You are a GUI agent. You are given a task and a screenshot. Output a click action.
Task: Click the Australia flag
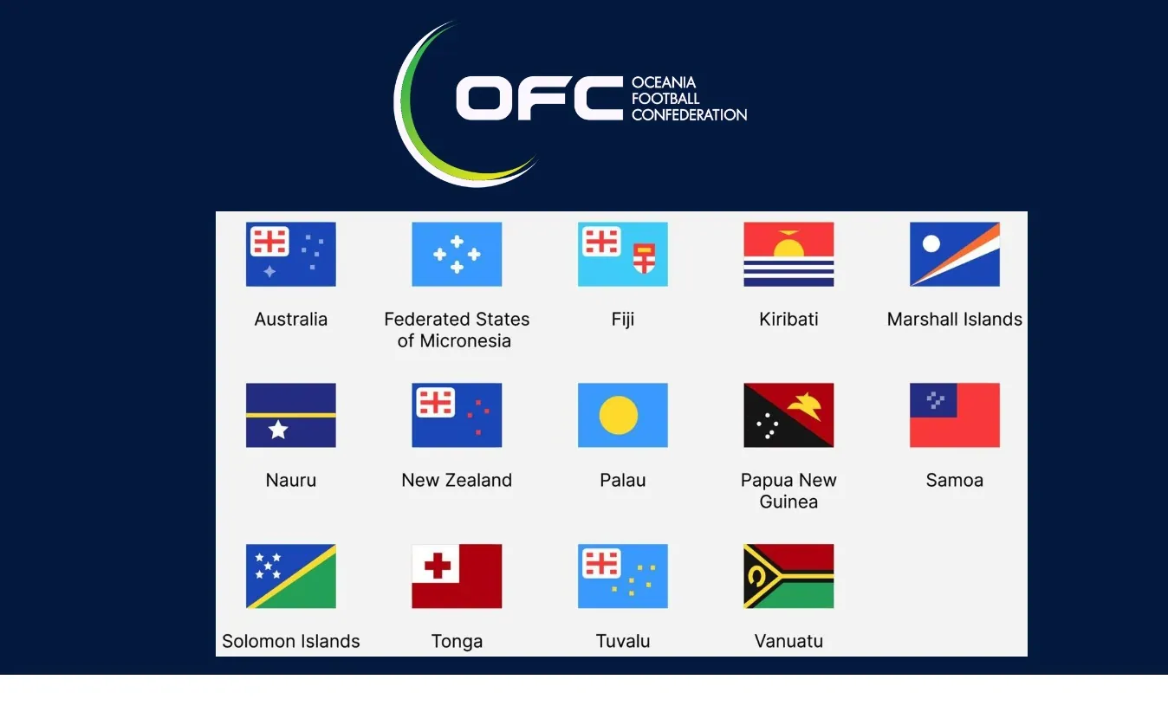click(x=291, y=255)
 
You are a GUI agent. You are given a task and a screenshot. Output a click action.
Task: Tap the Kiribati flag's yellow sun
click(x=788, y=246)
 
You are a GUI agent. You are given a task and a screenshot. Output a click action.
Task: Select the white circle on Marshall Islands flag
click(x=931, y=243)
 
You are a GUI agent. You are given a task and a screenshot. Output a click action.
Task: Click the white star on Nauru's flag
click(x=278, y=430)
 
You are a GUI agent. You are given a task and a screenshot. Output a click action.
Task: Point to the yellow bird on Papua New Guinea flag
click(x=805, y=406)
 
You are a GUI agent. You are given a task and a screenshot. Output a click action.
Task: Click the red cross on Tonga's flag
click(x=438, y=566)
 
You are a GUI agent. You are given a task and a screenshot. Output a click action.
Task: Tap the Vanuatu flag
click(x=789, y=576)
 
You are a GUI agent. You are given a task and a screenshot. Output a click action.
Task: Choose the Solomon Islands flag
click(x=291, y=576)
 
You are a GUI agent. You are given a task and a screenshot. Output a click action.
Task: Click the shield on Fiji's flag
click(x=645, y=258)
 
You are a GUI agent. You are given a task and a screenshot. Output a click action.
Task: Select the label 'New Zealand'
click(x=457, y=480)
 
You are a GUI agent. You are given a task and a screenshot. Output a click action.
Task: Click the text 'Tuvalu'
click(x=623, y=641)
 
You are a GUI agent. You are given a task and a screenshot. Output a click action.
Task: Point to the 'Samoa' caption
click(x=955, y=480)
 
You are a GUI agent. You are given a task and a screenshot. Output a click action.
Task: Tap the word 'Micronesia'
click(x=465, y=341)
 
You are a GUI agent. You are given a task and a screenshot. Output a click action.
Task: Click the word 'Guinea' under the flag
click(x=788, y=502)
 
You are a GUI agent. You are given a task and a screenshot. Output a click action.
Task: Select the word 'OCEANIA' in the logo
click(x=663, y=82)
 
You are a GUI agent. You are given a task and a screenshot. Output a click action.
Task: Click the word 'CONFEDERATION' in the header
click(x=690, y=115)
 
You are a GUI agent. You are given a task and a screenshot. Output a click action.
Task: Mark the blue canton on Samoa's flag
click(x=933, y=400)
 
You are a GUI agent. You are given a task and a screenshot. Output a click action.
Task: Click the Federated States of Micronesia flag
click(x=457, y=255)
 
